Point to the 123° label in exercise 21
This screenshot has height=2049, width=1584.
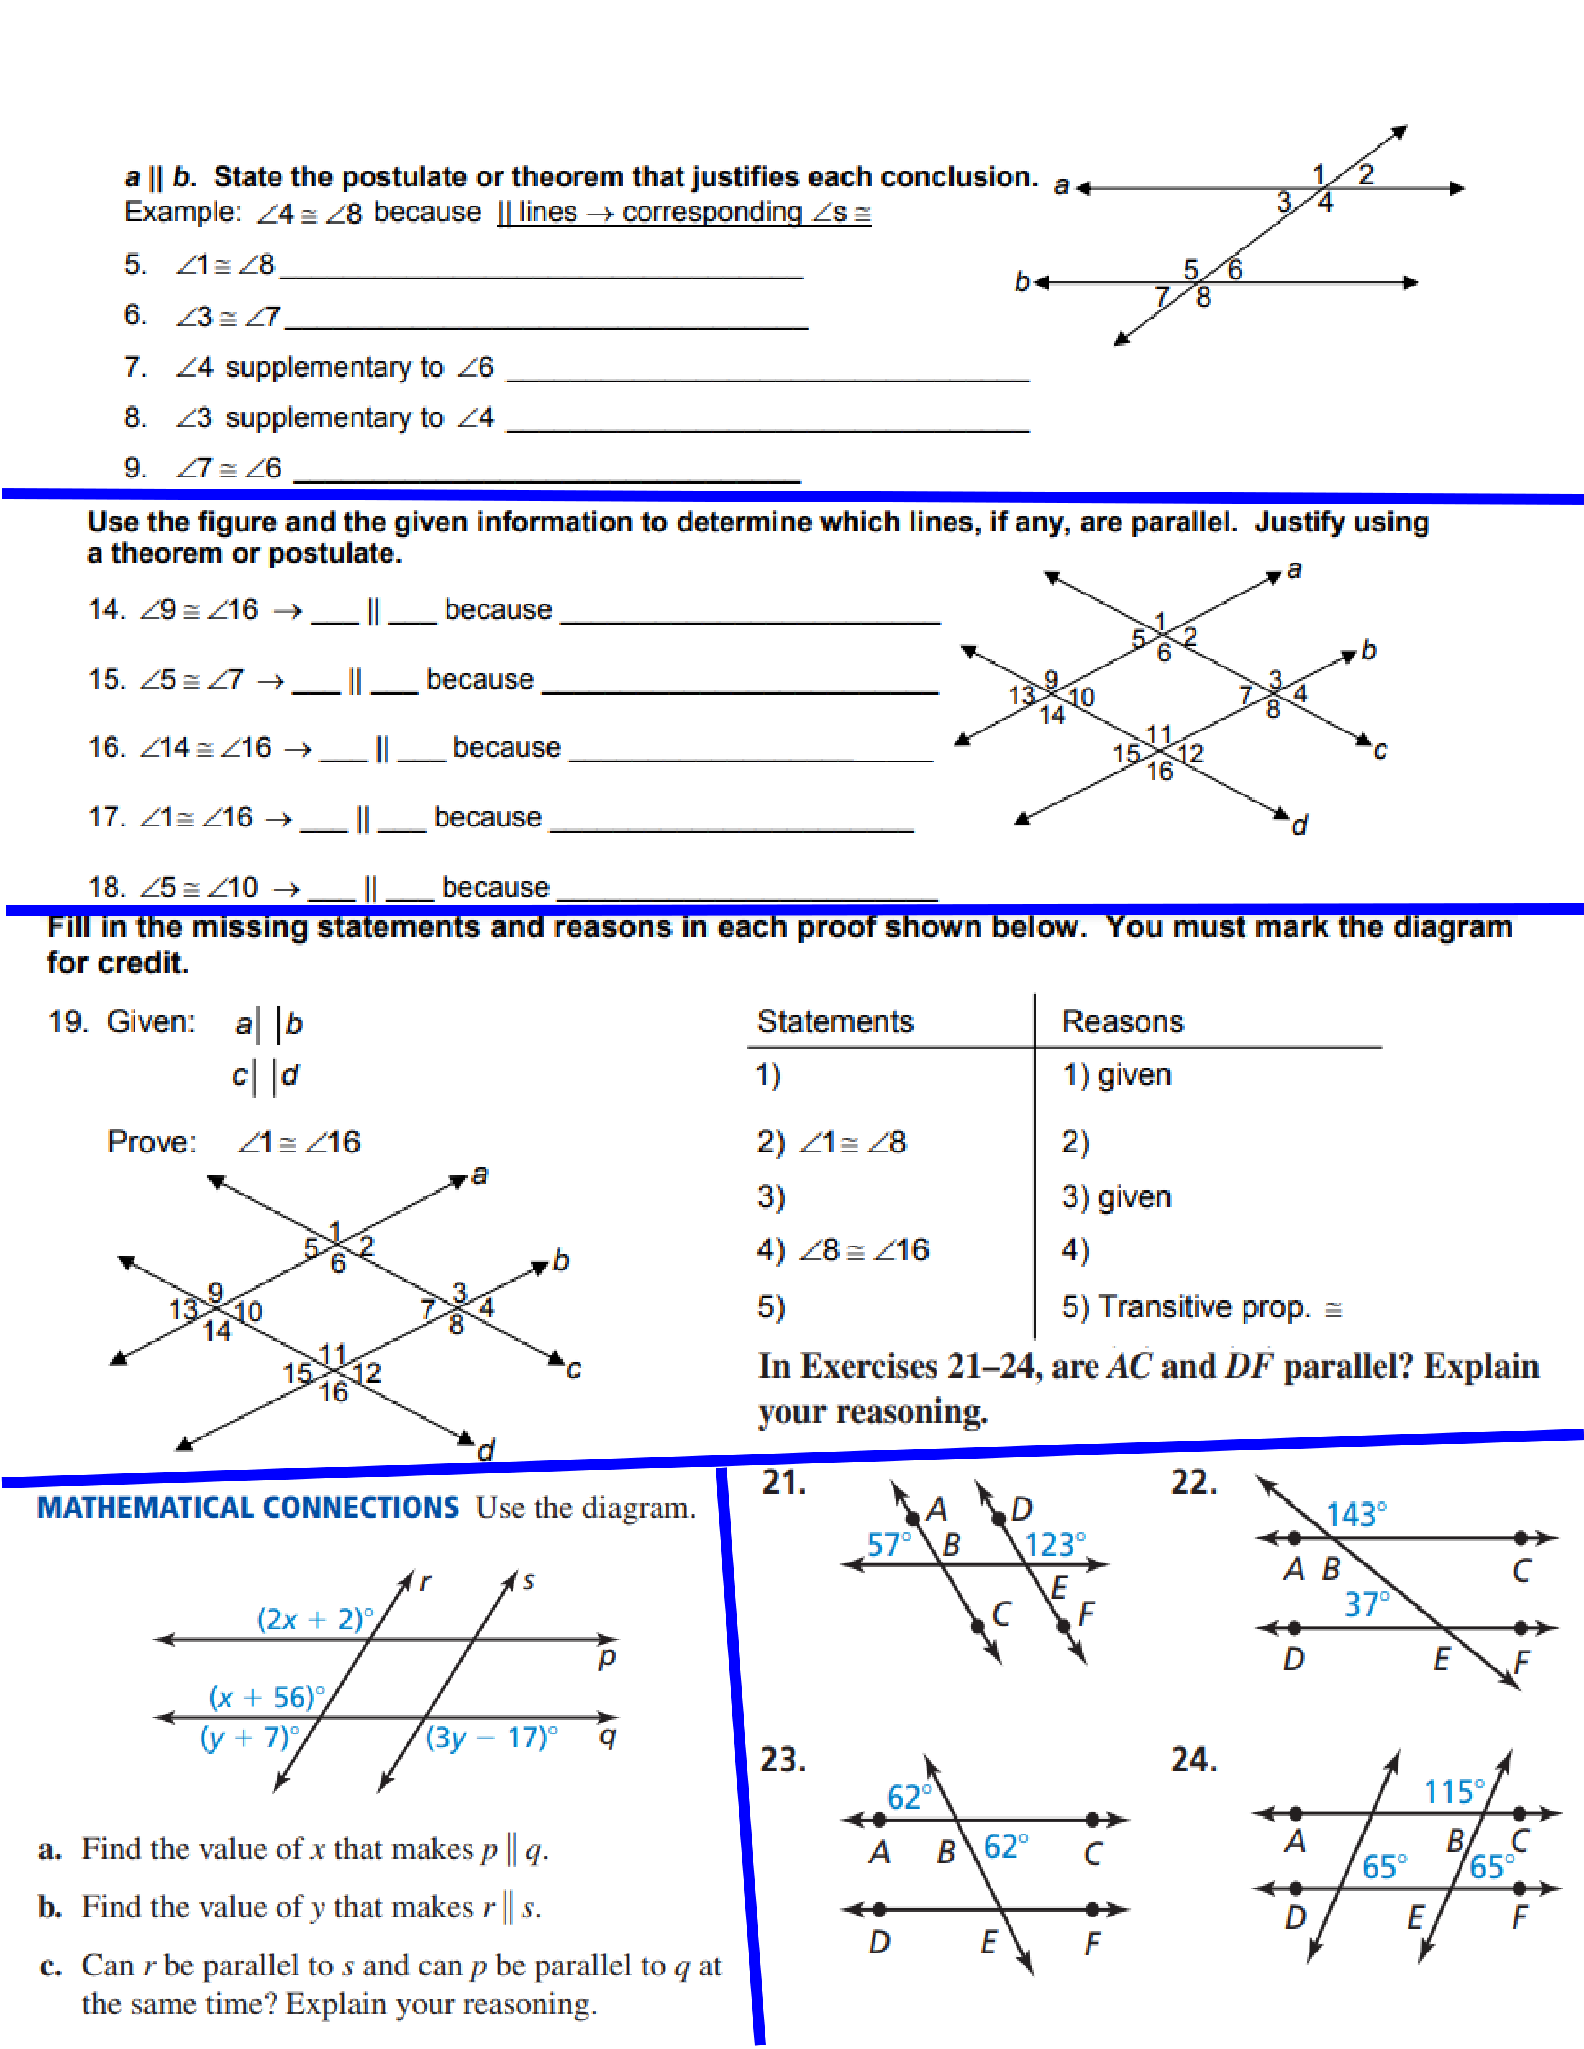[x=1055, y=1544]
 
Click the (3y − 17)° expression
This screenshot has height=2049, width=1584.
[x=491, y=1737]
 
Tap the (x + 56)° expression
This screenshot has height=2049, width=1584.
[x=266, y=1696]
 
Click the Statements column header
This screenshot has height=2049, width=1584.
[x=834, y=1021]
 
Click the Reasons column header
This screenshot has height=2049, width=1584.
[x=1122, y=1021]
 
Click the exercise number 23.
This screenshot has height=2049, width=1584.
[x=783, y=1759]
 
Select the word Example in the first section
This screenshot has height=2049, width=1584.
[x=182, y=212]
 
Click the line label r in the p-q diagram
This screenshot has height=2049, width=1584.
[x=425, y=1582]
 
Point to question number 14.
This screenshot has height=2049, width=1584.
[x=106, y=609]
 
